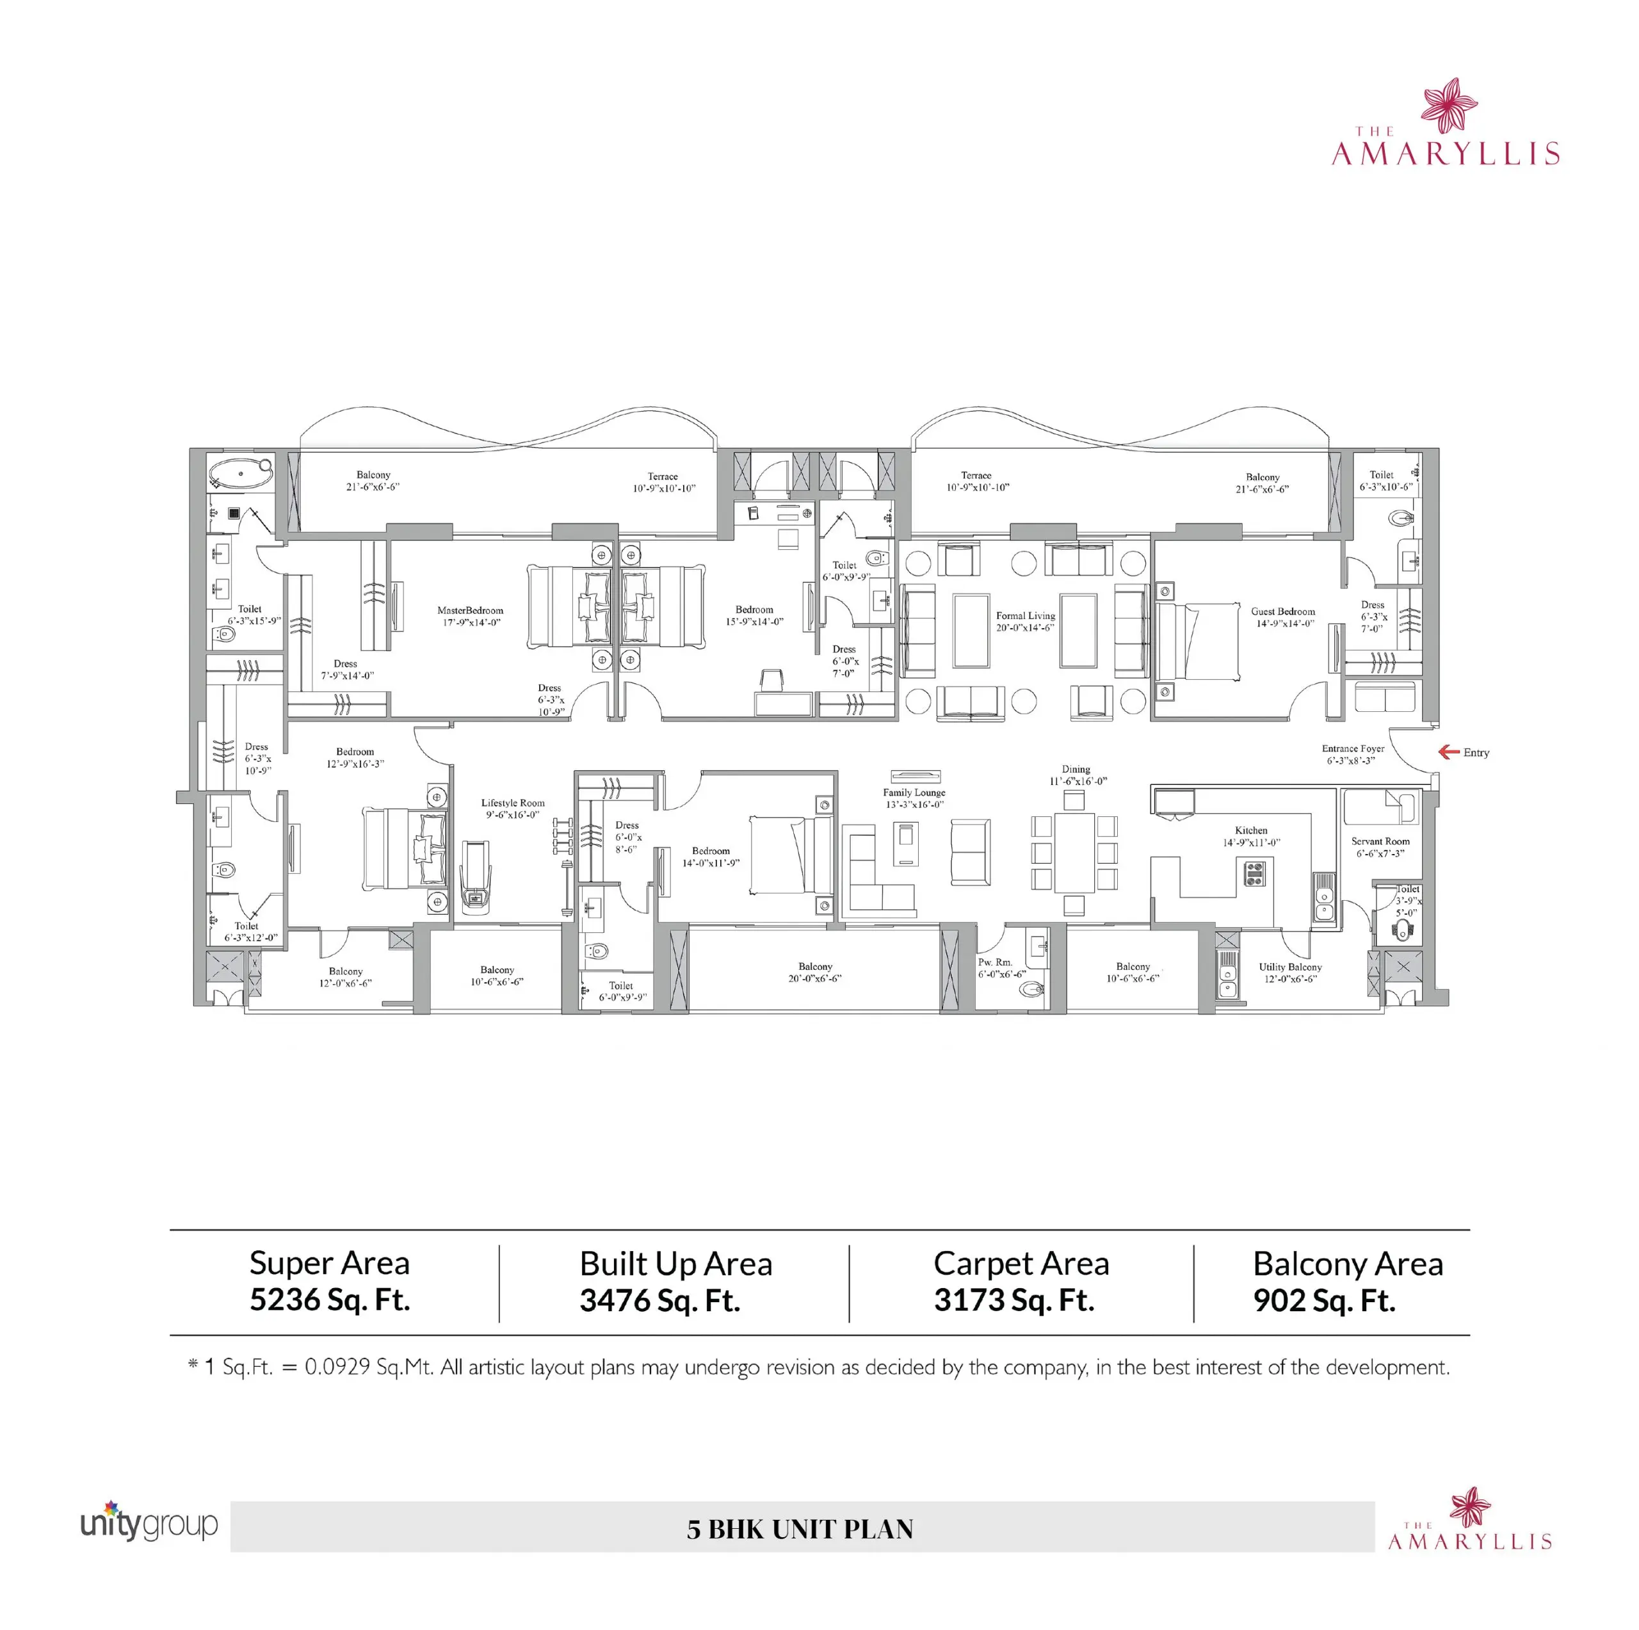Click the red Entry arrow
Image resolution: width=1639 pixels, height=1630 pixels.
[1448, 752]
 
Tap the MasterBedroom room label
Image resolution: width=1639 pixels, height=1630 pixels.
[470, 610]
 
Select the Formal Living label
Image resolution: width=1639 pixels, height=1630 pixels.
[1026, 616]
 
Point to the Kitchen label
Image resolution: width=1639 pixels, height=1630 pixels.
[1251, 831]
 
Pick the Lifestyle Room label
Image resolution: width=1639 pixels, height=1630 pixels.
[513, 803]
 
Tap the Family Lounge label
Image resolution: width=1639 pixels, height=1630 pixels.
[914, 793]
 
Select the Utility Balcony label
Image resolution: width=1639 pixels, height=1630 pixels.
[1290, 967]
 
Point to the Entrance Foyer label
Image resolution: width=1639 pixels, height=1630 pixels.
[1353, 749]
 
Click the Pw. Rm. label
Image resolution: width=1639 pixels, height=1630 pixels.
[995, 963]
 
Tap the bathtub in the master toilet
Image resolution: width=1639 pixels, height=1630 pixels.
[241, 474]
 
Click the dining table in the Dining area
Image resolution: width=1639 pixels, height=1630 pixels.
[1074, 853]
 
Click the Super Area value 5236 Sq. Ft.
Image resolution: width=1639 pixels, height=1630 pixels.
[330, 1300]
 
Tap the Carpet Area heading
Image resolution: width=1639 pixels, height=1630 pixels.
[1021, 1263]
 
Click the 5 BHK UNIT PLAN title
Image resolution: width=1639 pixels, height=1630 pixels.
[800, 1529]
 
